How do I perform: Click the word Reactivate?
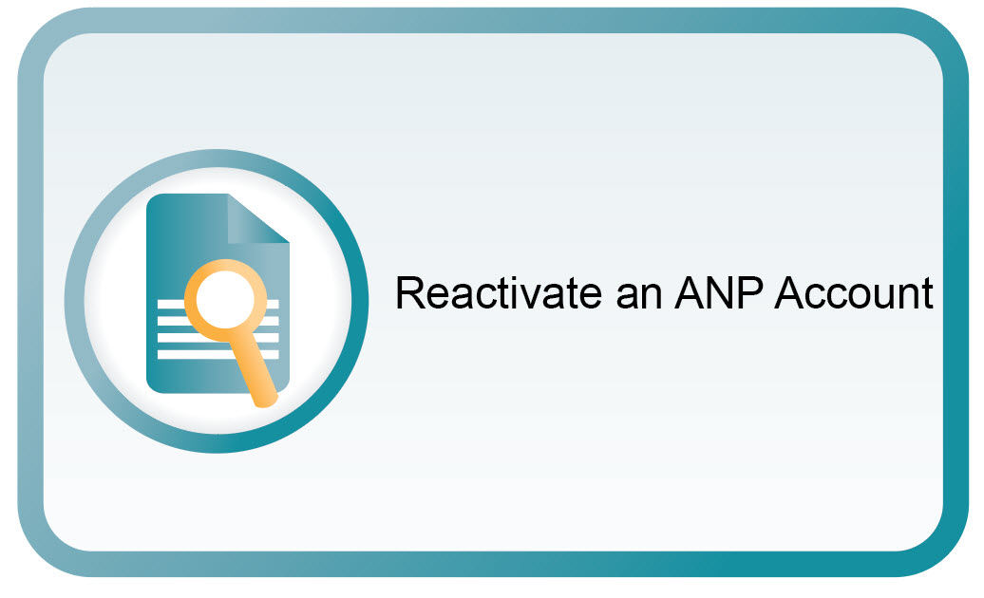point(499,293)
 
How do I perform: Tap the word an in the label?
point(639,298)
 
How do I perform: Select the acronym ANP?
point(719,292)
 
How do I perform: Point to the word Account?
point(854,293)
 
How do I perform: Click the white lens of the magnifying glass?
point(226,299)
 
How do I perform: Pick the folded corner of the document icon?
point(257,218)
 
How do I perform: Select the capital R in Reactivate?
point(409,293)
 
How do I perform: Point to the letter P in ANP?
point(750,293)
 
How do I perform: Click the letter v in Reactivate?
point(534,298)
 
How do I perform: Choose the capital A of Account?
point(790,293)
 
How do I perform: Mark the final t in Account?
point(928,294)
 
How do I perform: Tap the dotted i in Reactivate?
point(515,293)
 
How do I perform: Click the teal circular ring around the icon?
point(360,301)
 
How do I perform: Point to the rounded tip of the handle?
point(266,401)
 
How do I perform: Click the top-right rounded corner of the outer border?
point(944,31)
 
